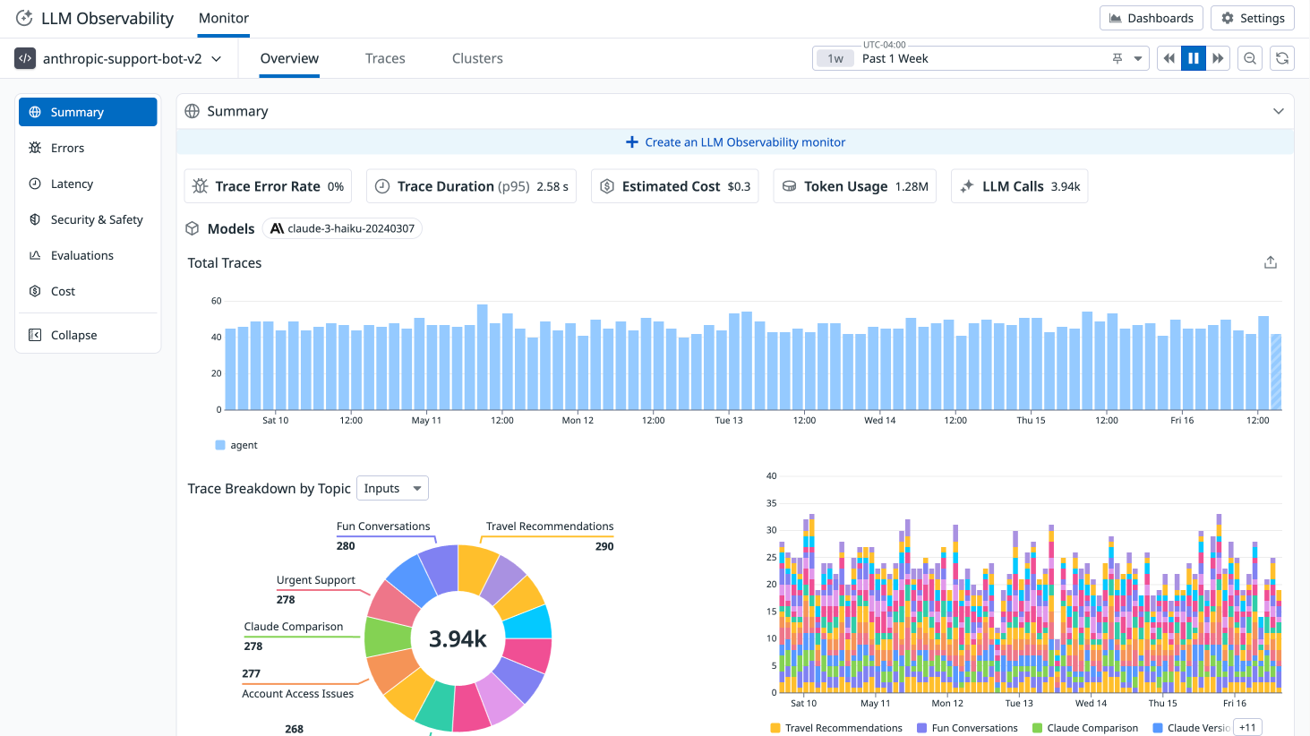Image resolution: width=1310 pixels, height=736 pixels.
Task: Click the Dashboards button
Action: pyautogui.click(x=1151, y=18)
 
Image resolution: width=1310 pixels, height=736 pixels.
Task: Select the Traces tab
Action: pyautogui.click(x=385, y=58)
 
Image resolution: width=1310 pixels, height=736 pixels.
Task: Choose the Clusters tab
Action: pyautogui.click(x=477, y=58)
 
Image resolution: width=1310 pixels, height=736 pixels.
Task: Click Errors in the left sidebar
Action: pyautogui.click(x=67, y=148)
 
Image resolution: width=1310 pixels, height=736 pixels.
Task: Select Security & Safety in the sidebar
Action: pyautogui.click(x=96, y=219)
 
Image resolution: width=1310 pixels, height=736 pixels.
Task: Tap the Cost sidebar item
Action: pyautogui.click(x=63, y=291)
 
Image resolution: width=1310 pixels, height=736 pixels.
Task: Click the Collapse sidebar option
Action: pyautogui.click(x=73, y=335)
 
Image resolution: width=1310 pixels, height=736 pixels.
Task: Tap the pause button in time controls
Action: pyautogui.click(x=1194, y=58)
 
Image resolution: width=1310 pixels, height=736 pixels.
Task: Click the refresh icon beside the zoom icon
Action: pyautogui.click(x=1282, y=58)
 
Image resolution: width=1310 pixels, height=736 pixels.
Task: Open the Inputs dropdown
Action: pyautogui.click(x=392, y=488)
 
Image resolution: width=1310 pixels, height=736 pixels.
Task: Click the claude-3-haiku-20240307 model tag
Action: pyautogui.click(x=342, y=228)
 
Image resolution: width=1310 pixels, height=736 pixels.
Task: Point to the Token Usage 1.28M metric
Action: pyautogui.click(x=854, y=186)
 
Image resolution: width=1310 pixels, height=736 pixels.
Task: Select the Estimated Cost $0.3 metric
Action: pyautogui.click(x=674, y=186)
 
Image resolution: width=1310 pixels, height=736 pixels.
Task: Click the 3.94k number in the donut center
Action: pyautogui.click(x=458, y=638)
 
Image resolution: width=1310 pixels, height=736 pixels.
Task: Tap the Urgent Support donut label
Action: pyautogui.click(x=315, y=580)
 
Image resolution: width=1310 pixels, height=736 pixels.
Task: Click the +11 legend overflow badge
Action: pyautogui.click(x=1247, y=727)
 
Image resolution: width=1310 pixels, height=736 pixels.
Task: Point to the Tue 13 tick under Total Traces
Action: pyautogui.click(x=729, y=420)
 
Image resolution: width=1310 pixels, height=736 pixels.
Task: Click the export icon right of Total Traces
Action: pyautogui.click(x=1270, y=262)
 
